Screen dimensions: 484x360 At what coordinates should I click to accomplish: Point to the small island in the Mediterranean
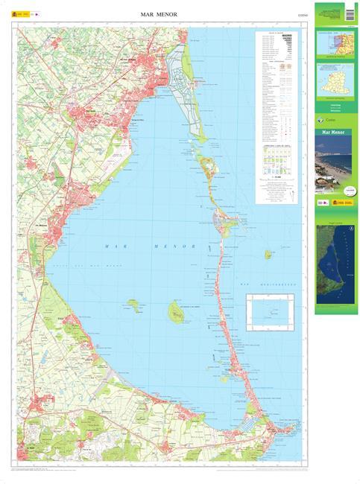(x=268, y=254)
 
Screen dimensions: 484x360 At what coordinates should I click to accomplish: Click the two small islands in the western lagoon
(x=133, y=304)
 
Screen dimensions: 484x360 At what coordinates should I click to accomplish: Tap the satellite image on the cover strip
(x=335, y=265)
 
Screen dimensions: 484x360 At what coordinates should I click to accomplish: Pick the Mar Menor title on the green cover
(x=334, y=134)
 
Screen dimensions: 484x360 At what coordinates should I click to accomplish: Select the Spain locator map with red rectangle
(x=335, y=44)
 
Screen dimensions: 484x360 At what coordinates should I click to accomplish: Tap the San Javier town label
(x=92, y=113)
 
